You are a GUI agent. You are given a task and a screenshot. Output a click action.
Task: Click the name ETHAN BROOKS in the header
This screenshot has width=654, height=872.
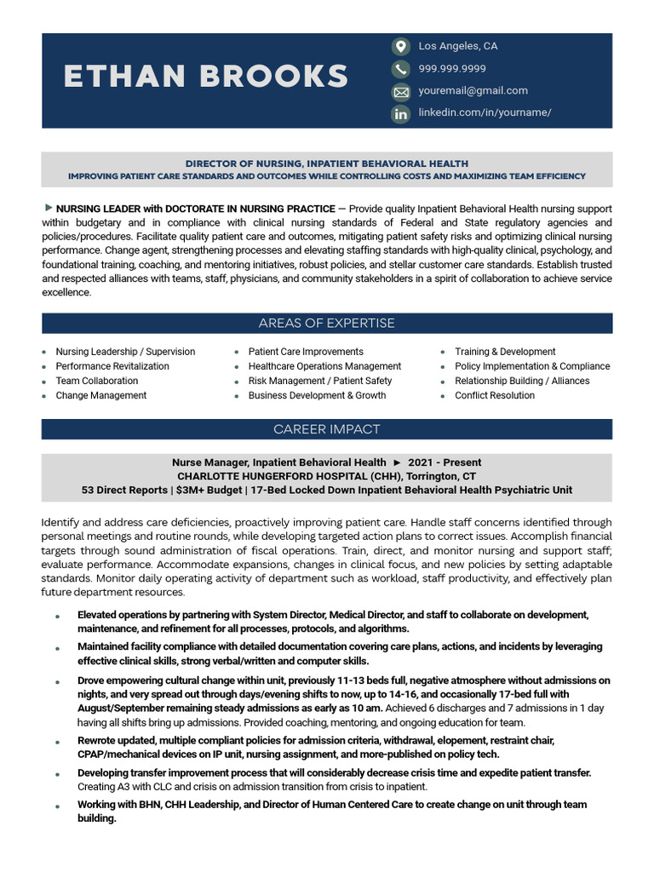point(205,77)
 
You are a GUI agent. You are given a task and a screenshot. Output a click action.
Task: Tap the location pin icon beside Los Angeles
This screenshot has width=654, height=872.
point(400,46)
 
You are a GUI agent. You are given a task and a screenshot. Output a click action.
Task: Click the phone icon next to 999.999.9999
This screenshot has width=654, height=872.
point(400,69)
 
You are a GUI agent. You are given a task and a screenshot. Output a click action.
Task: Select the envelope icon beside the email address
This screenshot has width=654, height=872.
point(400,91)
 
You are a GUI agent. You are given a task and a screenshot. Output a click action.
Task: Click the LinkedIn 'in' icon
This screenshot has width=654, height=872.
point(400,113)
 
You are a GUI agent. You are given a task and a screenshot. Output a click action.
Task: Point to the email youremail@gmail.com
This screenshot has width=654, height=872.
point(473,90)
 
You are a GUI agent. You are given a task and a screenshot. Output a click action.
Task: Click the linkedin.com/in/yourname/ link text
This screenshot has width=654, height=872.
point(485,112)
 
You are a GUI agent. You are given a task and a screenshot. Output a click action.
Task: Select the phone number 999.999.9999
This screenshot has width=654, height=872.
point(452,68)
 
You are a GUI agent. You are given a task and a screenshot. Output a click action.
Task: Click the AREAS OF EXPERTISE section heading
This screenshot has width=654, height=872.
point(327,324)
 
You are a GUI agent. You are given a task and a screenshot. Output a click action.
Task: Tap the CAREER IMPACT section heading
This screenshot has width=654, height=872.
point(327,429)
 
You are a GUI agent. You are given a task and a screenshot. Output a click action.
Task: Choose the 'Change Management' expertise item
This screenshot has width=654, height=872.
point(101,395)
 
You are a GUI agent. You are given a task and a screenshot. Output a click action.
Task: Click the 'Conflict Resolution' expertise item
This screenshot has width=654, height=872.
point(495,395)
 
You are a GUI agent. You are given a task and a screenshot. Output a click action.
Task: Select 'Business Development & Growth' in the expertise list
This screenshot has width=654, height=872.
point(317,395)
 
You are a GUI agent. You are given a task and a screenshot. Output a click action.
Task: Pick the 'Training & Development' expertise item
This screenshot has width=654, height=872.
point(505,352)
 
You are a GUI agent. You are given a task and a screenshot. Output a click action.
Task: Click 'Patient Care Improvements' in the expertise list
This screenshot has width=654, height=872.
point(306,352)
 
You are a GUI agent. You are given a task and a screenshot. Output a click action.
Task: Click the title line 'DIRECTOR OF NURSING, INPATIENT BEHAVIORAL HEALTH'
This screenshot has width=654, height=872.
point(327,163)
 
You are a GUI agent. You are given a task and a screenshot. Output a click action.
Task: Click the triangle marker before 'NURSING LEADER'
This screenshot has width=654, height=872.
point(49,208)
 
